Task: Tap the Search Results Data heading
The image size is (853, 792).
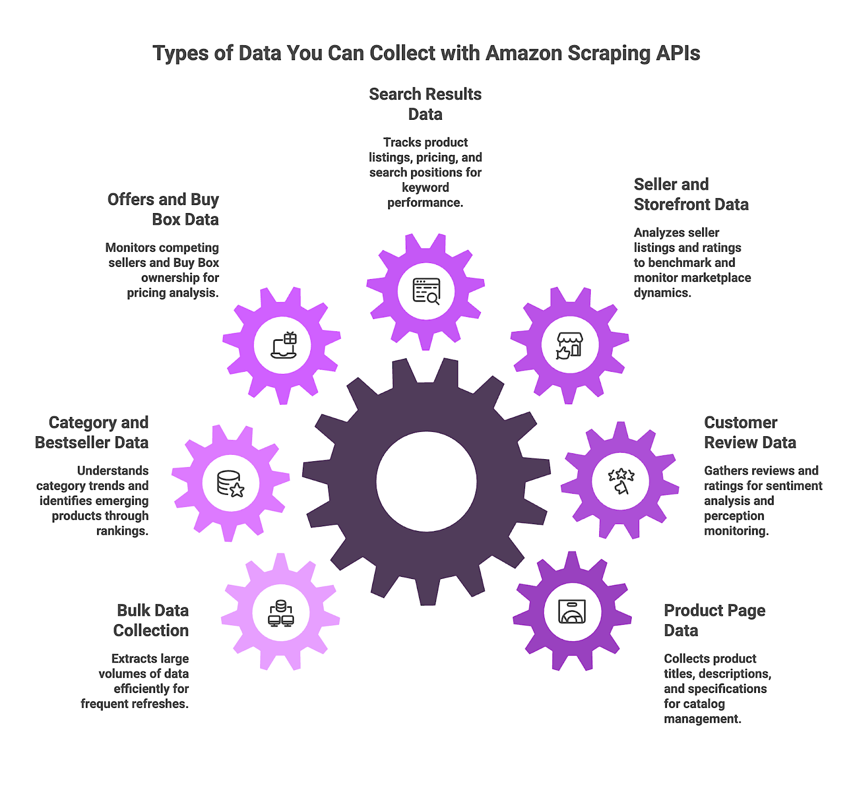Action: [x=425, y=104]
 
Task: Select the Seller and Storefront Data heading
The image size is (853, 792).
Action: [x=691, y=194]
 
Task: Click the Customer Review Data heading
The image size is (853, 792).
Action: [x=750, y=432]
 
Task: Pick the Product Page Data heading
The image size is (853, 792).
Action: [x=714, y=620]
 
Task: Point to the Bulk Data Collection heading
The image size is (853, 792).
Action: [x=151, y=620]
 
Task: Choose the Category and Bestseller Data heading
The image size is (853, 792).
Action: [x=92, y=432]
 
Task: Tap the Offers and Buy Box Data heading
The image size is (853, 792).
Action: [x=164, y=209]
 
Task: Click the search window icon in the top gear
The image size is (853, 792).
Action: [x=426, y=291]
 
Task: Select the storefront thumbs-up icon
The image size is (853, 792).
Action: [x=569, y=346]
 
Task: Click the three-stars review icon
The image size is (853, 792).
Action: [x=621, y=481]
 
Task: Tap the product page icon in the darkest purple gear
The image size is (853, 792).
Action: [x=572, y=611]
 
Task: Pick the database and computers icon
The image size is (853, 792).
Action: [x=281, y=613]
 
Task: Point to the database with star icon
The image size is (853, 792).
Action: [x=230, y=484]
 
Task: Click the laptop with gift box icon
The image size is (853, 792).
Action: [x=284, y=345]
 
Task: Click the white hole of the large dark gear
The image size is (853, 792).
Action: [x=426, y=481]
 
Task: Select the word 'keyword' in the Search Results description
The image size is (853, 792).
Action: [x=425, y=187]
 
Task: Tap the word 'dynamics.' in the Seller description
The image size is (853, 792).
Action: [x=662, y=293]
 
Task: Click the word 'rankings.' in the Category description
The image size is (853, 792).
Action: [x=122, y=531]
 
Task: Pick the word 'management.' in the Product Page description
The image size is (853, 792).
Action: [x=702, y=719]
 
